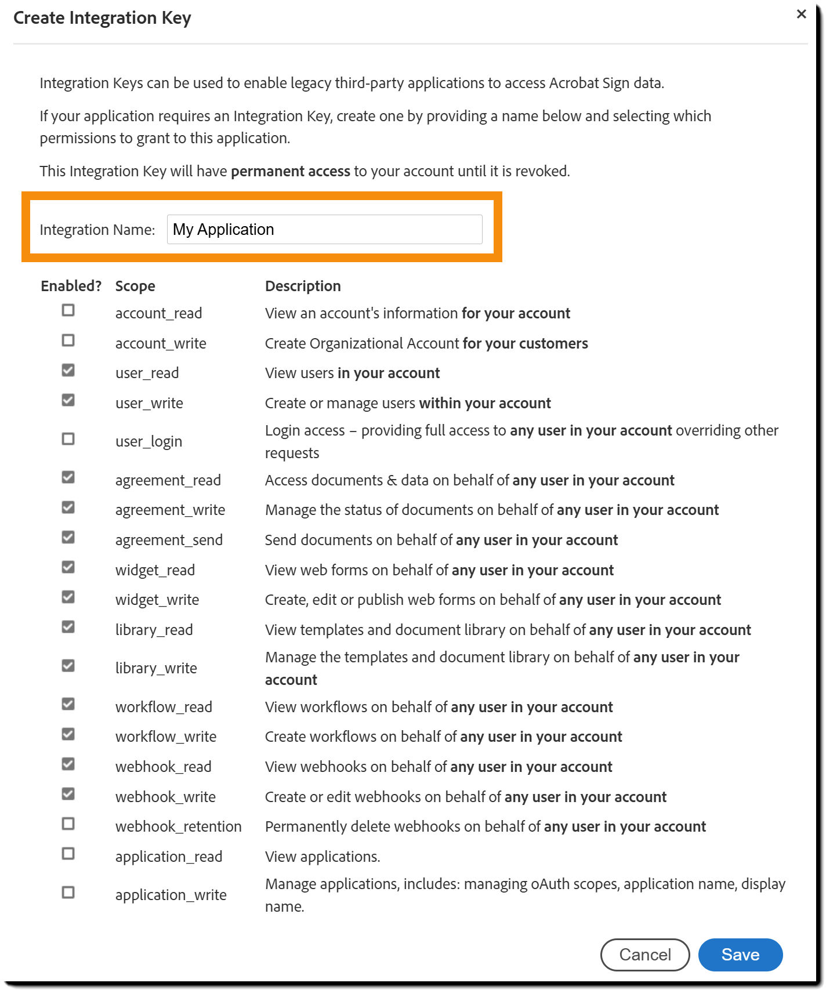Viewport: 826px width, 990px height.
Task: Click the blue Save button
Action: coord(740,954)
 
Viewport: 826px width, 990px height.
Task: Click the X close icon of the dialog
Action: coord(801,14)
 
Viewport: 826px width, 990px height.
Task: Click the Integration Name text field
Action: coord(324,230)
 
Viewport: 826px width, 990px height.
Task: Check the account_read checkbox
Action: coord(68,310)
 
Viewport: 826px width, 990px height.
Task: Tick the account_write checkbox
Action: coord(68,340)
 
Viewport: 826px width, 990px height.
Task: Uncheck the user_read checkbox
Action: coord(68,370)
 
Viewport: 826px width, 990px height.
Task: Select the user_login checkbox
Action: coord(68,439)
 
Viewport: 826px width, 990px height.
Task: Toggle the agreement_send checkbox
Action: coord(68,537)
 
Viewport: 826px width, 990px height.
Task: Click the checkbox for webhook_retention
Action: coord(68,824)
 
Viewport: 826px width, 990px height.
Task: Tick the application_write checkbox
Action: coord(68,892)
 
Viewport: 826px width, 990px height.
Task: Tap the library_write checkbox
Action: coord(68,665)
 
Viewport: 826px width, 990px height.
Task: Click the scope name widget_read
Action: coord(155,570)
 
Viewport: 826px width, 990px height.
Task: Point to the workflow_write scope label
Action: coord(166,737)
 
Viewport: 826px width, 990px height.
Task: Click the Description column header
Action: coord(303,286)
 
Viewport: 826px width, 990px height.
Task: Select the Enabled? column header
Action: coord(71,286)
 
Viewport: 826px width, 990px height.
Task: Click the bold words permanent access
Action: coord(290,171)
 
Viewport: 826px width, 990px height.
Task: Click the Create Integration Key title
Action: coord(102,18)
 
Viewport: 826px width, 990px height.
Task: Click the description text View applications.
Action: coord(323,857)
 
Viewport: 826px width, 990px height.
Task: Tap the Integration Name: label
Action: coord(97,230)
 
